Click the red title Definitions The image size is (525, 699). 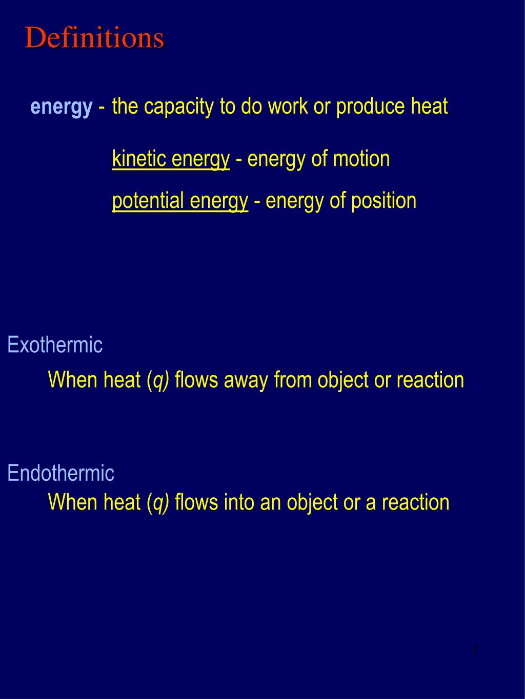pyautogui.click(x=95, y=38)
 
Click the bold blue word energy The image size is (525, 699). pyautogui.click(x=62, y=107)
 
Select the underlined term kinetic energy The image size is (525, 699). pyautogui.click(x=171, y=159)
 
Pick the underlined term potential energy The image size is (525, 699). pyautogui.click(x=180, y=200)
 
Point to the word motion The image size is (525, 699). pyautogui.click(x=361, y=159)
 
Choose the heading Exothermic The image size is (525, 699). pyautogui.click(x=55, y=345)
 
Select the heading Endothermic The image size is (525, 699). pyautogui.click(x=60, y=473)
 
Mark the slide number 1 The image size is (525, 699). pyautogui.click(x=475, y=650)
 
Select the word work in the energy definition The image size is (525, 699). pyautogui.click(x=288, y=107)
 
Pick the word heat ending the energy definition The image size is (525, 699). pyautogui.click(x=429, y=107)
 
